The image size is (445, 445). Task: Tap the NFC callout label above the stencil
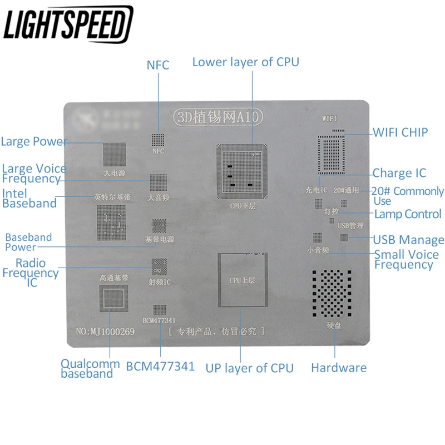point(157,65)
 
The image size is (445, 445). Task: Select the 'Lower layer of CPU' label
point(245,62)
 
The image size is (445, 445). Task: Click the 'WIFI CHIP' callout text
point(400,132)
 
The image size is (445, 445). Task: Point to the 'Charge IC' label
point(399,173)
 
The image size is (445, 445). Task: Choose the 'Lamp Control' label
point(408,214)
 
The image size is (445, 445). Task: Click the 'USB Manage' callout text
point(408,240)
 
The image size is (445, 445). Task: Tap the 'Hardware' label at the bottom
point(338,368)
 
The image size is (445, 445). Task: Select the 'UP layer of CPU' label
point(249,368)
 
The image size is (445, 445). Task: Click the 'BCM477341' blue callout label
point(160,367)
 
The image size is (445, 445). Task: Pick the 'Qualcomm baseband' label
point(90,369)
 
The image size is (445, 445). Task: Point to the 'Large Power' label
point(34,141)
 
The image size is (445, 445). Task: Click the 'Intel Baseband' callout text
point(29,199)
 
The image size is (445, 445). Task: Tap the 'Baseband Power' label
point(28,242)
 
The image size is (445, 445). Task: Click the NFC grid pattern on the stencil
point(159,140)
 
